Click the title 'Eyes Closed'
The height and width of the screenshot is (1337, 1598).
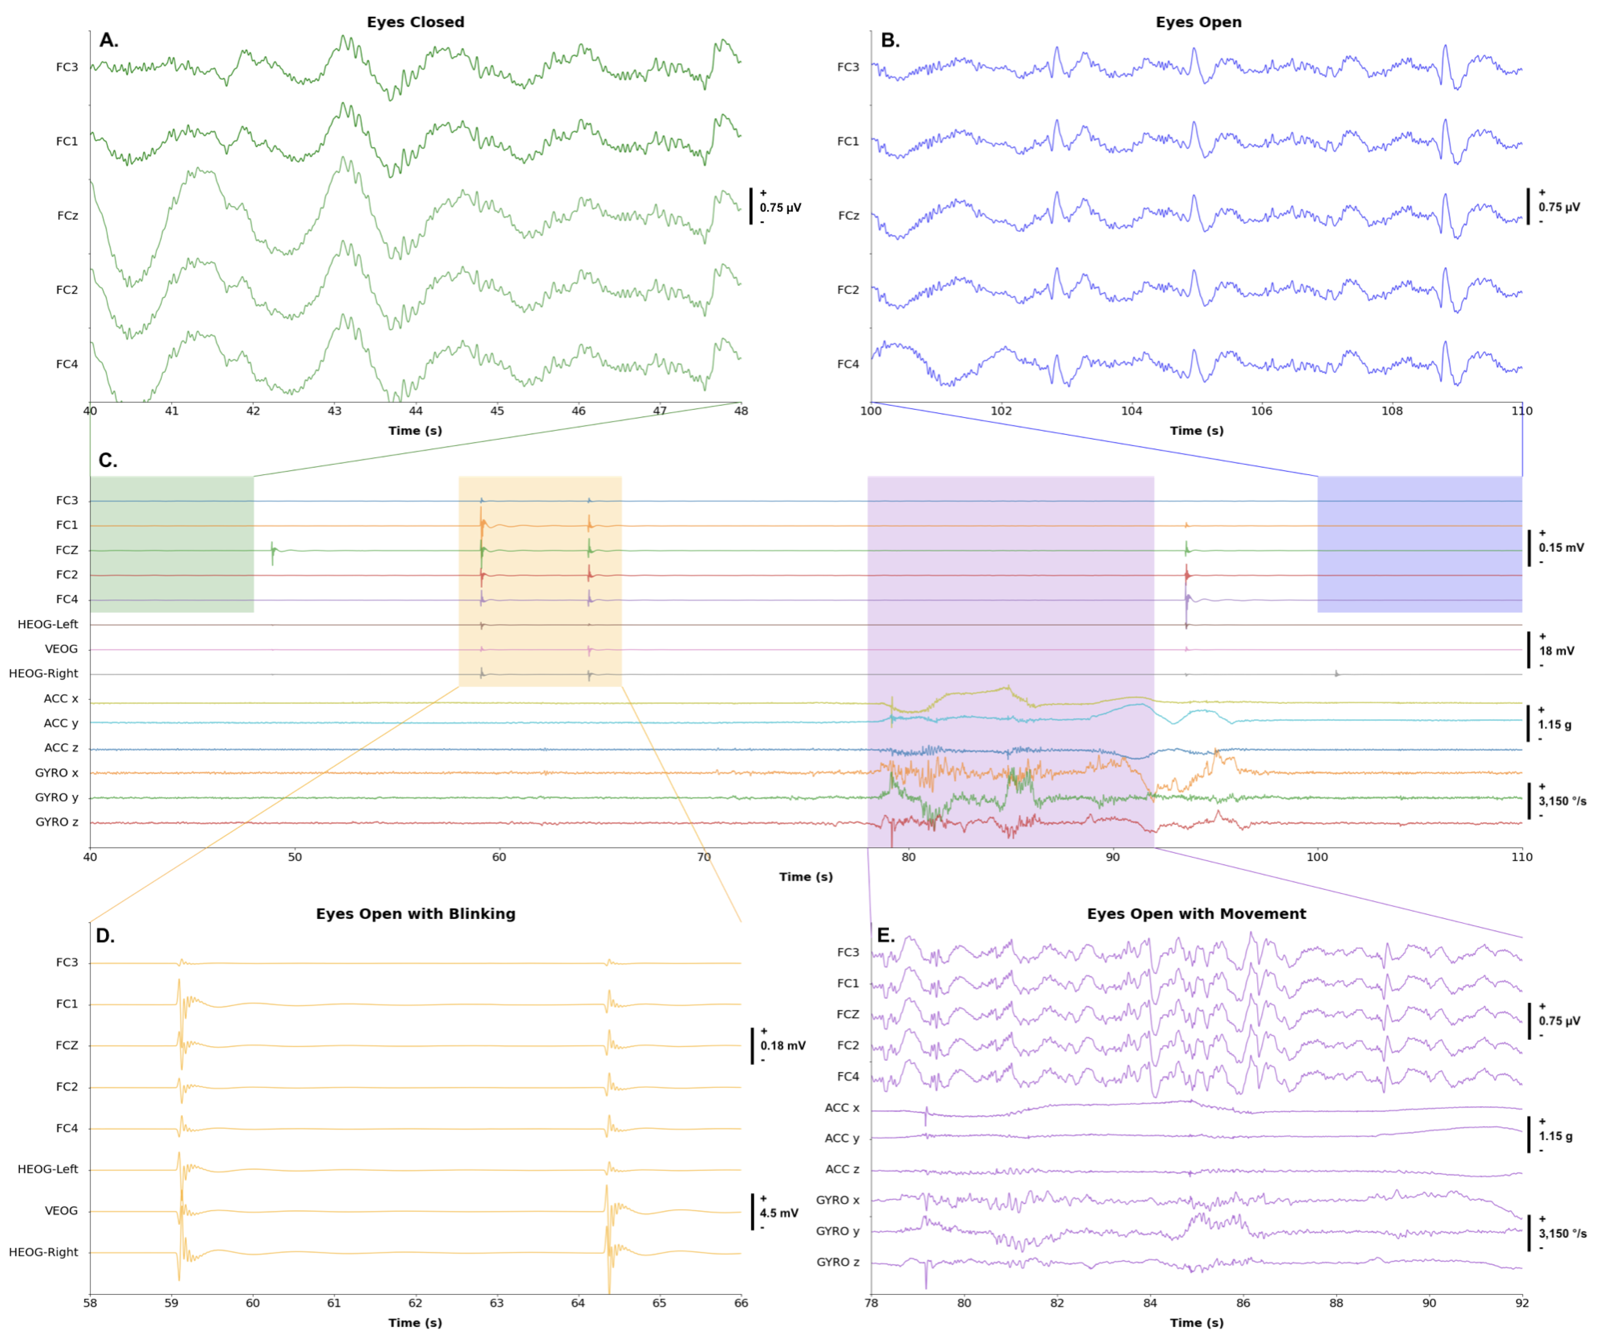coord(416,22)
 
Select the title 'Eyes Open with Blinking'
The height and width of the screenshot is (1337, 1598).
coord(416,914)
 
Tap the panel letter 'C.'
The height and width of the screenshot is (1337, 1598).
coord(108,461)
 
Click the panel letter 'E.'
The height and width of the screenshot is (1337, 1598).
coord(886,935)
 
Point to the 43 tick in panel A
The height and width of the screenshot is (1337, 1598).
coord(334,411)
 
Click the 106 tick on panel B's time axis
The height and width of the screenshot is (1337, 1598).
coord(1262,411)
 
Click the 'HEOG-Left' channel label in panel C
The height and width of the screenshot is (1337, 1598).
coord(47,625)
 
